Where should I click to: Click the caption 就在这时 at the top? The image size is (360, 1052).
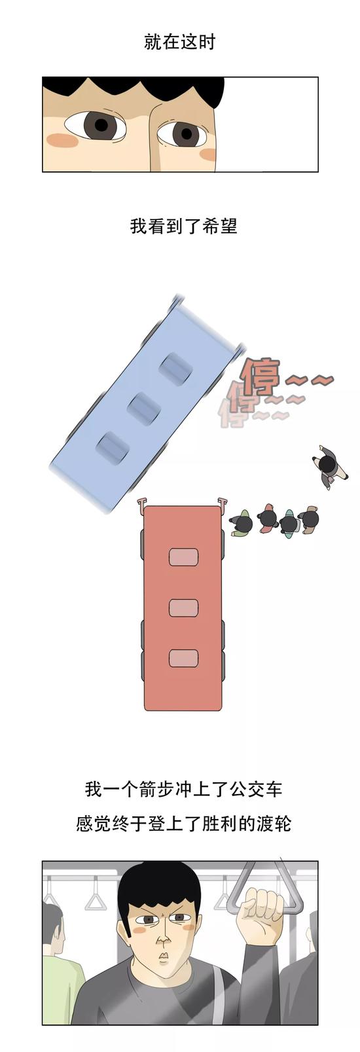click(x=180, y=43)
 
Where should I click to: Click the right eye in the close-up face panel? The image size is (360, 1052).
click(x=182, y=134)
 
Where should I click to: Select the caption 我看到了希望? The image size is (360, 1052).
click(x=183, y=227)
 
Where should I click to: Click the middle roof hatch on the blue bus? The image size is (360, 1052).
click(x=144, y=409)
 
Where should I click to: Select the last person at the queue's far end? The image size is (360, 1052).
click(x=309, y=519)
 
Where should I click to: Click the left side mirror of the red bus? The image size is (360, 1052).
click(x=140, y=503)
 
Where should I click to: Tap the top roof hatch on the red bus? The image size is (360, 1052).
click(x=183, y=557)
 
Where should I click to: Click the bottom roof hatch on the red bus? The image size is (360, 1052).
click(x=183, y=658)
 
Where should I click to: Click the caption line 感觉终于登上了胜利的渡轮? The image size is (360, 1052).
click(x=183, y=824)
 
